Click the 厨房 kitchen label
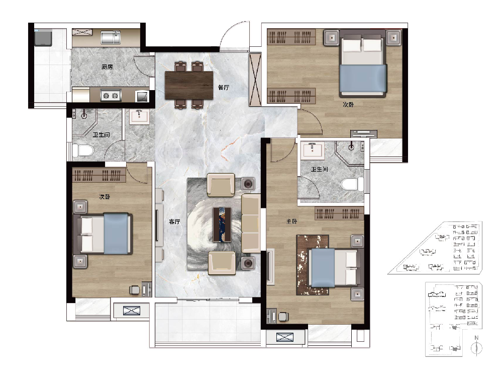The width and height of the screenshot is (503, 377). (107, 67)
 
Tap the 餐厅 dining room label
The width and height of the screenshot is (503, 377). (224, 87)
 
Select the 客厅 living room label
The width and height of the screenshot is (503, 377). (174, 221)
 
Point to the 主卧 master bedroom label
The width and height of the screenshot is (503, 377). (291, 221)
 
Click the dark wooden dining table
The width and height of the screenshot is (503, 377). (189, 85)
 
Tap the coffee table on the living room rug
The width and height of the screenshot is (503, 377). (222, 224)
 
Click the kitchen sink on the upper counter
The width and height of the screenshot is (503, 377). (111, 37)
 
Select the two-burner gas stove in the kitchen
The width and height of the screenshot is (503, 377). (111, 96)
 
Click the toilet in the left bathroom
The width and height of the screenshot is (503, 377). (83, 150)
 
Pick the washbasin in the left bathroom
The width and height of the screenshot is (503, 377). (139, 116)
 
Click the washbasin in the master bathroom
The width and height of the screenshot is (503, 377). (313, 150)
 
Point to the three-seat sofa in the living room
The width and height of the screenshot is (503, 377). (251, 223)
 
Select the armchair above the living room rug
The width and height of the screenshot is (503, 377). (221, 185)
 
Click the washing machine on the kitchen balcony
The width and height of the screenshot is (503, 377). (43, 37)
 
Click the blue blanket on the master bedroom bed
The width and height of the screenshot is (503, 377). (323, 268)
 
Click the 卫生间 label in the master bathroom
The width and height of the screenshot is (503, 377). (319, 169)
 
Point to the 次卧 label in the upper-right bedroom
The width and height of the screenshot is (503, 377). (348, 105)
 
